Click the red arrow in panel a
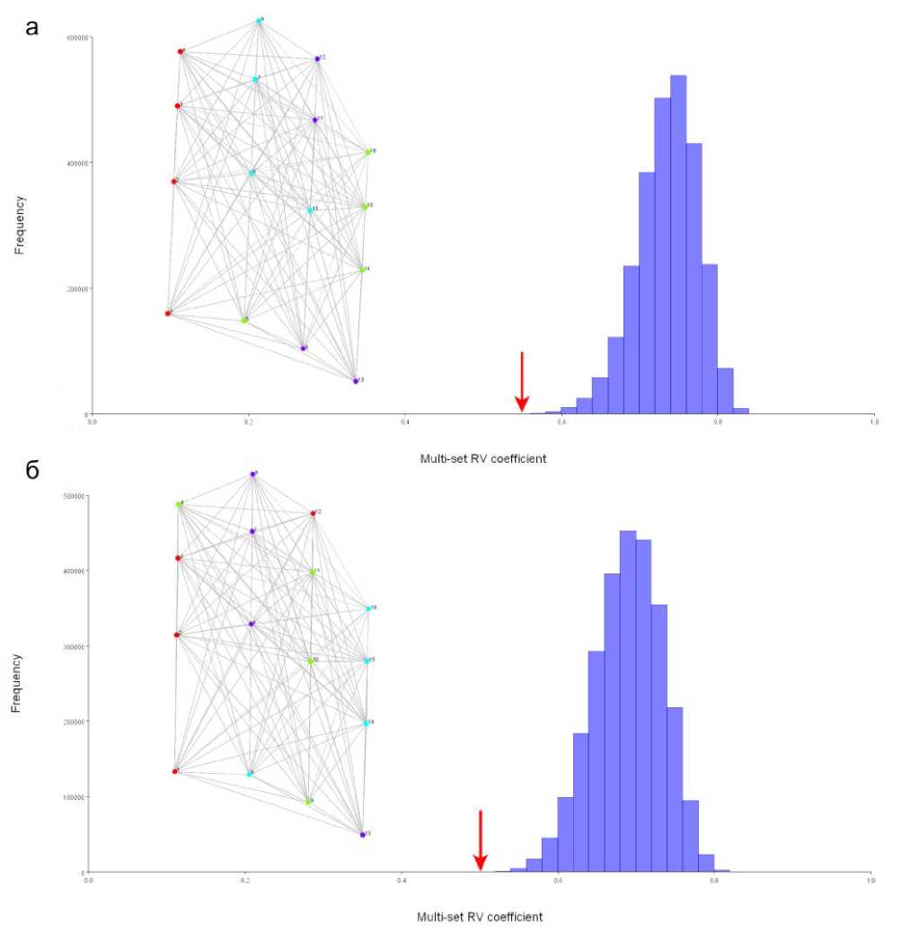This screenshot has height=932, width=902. (521, 381)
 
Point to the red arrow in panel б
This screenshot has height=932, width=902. (480, 839)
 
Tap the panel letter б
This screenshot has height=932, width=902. (33, 471)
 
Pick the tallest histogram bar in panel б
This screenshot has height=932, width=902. (628, 701)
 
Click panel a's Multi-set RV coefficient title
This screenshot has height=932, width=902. (483, 458)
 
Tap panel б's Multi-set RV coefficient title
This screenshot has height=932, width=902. (480, 918)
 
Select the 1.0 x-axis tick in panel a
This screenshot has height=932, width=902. (874, 421)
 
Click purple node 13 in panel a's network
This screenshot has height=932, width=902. (356, 381)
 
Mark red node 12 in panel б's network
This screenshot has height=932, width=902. (313, 513)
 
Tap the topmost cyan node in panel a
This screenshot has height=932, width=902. (259, 21)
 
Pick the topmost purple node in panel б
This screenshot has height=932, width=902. (253, 474)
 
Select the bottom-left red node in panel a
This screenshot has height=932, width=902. (168, 314)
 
